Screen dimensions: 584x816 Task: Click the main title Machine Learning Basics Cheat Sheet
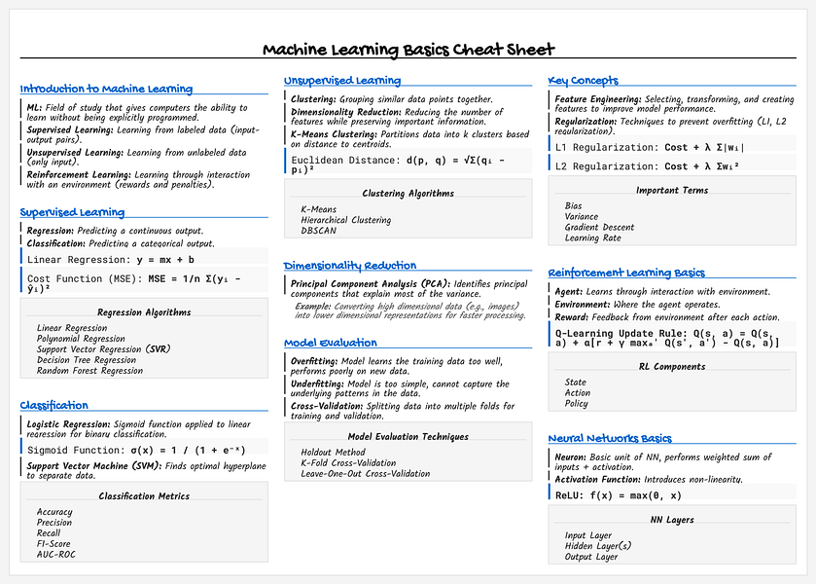408,51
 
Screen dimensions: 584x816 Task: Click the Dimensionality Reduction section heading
350,265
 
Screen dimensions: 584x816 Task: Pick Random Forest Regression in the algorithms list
89,370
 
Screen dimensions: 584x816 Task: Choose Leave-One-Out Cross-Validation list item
365,473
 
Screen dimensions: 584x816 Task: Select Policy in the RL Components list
576,403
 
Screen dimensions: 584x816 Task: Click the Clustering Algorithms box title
408,193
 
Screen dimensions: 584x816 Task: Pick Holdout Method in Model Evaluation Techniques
333,452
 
